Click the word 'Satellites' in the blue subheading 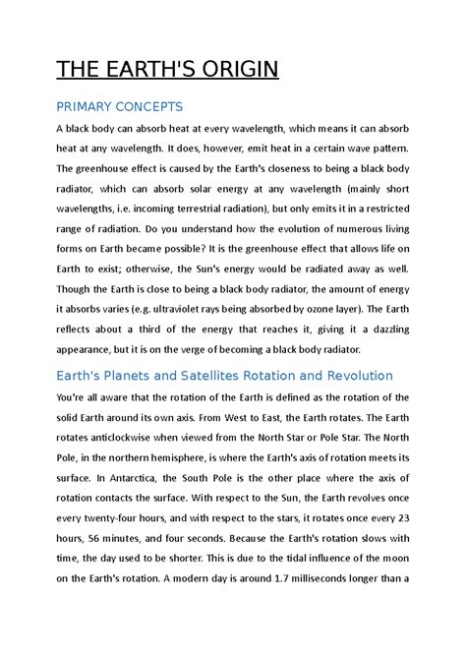click(225, 376)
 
